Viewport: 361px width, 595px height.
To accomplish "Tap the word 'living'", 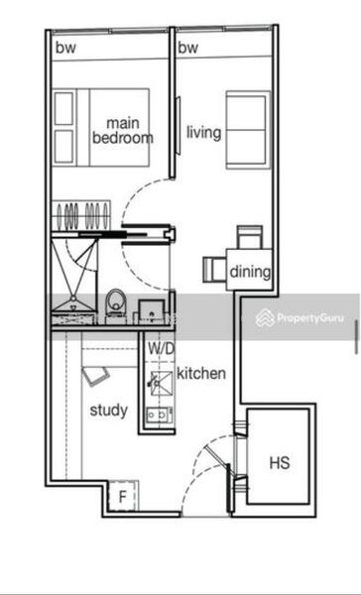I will [203, 132].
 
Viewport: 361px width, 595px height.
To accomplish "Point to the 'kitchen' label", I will [201, 374].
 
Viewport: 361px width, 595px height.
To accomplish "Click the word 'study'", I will [108, 409].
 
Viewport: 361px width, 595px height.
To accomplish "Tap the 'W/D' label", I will [161, 349].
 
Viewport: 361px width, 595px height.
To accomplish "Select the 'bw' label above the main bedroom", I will [65, 48].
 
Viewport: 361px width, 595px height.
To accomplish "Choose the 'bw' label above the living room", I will [187, 48].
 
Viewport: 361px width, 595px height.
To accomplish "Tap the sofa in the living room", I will [246, 130].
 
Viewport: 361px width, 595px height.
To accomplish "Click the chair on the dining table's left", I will [214, 269].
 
